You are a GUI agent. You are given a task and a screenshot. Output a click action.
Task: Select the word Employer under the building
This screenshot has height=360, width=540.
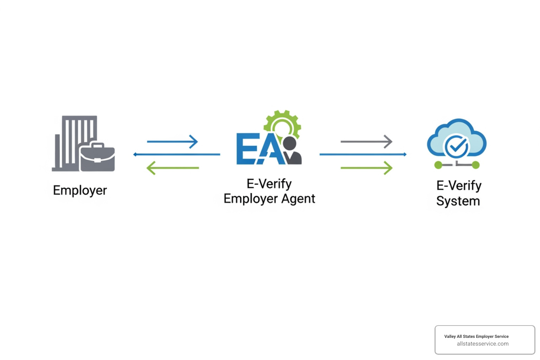click(x=80, y=191)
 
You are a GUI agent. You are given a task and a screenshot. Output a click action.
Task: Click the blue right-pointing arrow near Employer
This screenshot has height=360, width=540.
click(x=172, y=142)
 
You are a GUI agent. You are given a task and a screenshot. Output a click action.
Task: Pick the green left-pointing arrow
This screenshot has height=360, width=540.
click(x=172, y=168)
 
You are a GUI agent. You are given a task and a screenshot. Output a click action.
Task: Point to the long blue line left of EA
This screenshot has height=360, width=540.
click(x=177, y=154)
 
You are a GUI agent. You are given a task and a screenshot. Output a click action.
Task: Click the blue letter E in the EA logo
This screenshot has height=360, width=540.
click(x=247, y=148)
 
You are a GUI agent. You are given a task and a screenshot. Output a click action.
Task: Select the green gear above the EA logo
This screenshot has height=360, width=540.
click(x=283, y=123)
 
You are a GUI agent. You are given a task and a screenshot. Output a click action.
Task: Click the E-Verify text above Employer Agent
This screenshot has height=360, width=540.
click(x=269, y=184)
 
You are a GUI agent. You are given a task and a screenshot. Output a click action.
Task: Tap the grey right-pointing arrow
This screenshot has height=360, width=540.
click(x=366, y=142)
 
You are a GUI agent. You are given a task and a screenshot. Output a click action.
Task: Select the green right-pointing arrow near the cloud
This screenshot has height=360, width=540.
click(x=366, y=168)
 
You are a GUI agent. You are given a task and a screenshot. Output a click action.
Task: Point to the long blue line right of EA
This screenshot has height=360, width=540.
click(x=363, y=154)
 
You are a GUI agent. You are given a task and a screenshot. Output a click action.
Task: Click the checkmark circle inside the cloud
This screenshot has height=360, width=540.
click(x=456, y=147)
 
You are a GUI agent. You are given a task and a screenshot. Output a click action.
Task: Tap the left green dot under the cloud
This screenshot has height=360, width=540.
click(x=438, y=165)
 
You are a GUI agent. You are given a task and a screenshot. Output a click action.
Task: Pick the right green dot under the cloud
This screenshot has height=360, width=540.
click(x=475, y=165)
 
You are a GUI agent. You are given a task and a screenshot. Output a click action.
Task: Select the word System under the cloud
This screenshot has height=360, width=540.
click(x=458, y=201)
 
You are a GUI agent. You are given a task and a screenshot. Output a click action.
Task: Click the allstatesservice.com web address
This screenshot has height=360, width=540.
click(x=482, y=344)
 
